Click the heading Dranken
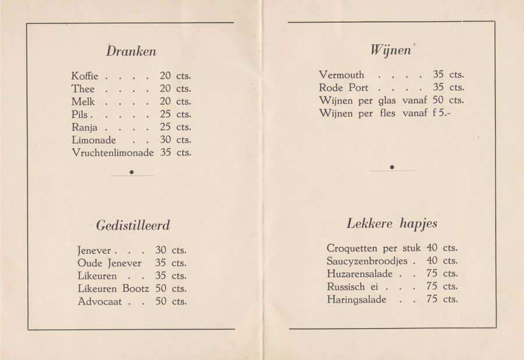coord(131,51)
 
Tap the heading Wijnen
coord(391,51)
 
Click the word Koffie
coord(85,76)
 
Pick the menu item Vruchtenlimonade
coord(112,153)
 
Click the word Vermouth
coord(342,75)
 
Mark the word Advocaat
coord(100,302)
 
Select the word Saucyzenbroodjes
coord(367,261)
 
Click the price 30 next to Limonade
coord(165,140)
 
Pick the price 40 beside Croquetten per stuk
coord(432,248)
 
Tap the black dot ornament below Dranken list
coord(132,172)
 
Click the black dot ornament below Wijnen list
coord(392,168)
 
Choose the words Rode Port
coord(344,88)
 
